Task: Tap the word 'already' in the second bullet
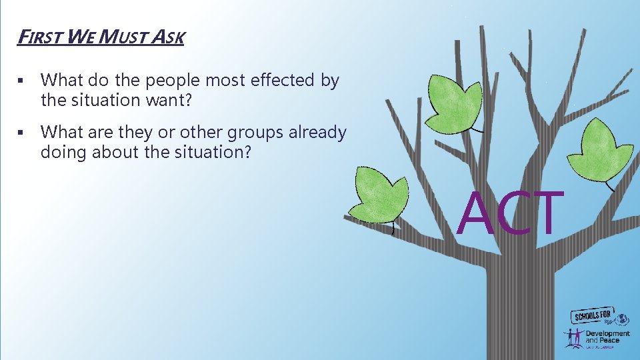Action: point(317,133)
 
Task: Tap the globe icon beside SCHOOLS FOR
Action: point(623,319)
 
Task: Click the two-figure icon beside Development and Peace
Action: point(574,338)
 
